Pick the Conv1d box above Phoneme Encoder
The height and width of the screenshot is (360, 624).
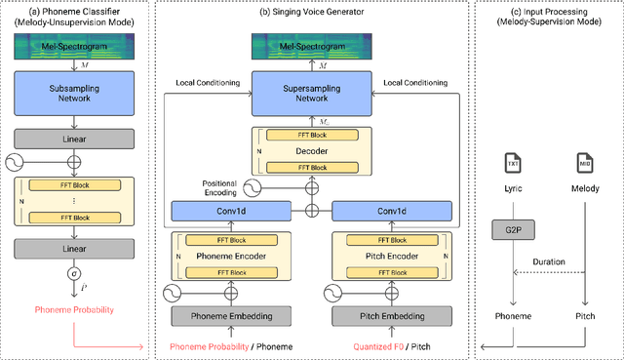230,209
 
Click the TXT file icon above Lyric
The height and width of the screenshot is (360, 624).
515,162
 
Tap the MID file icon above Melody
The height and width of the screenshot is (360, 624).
583,162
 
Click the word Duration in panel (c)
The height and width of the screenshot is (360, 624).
549,261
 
